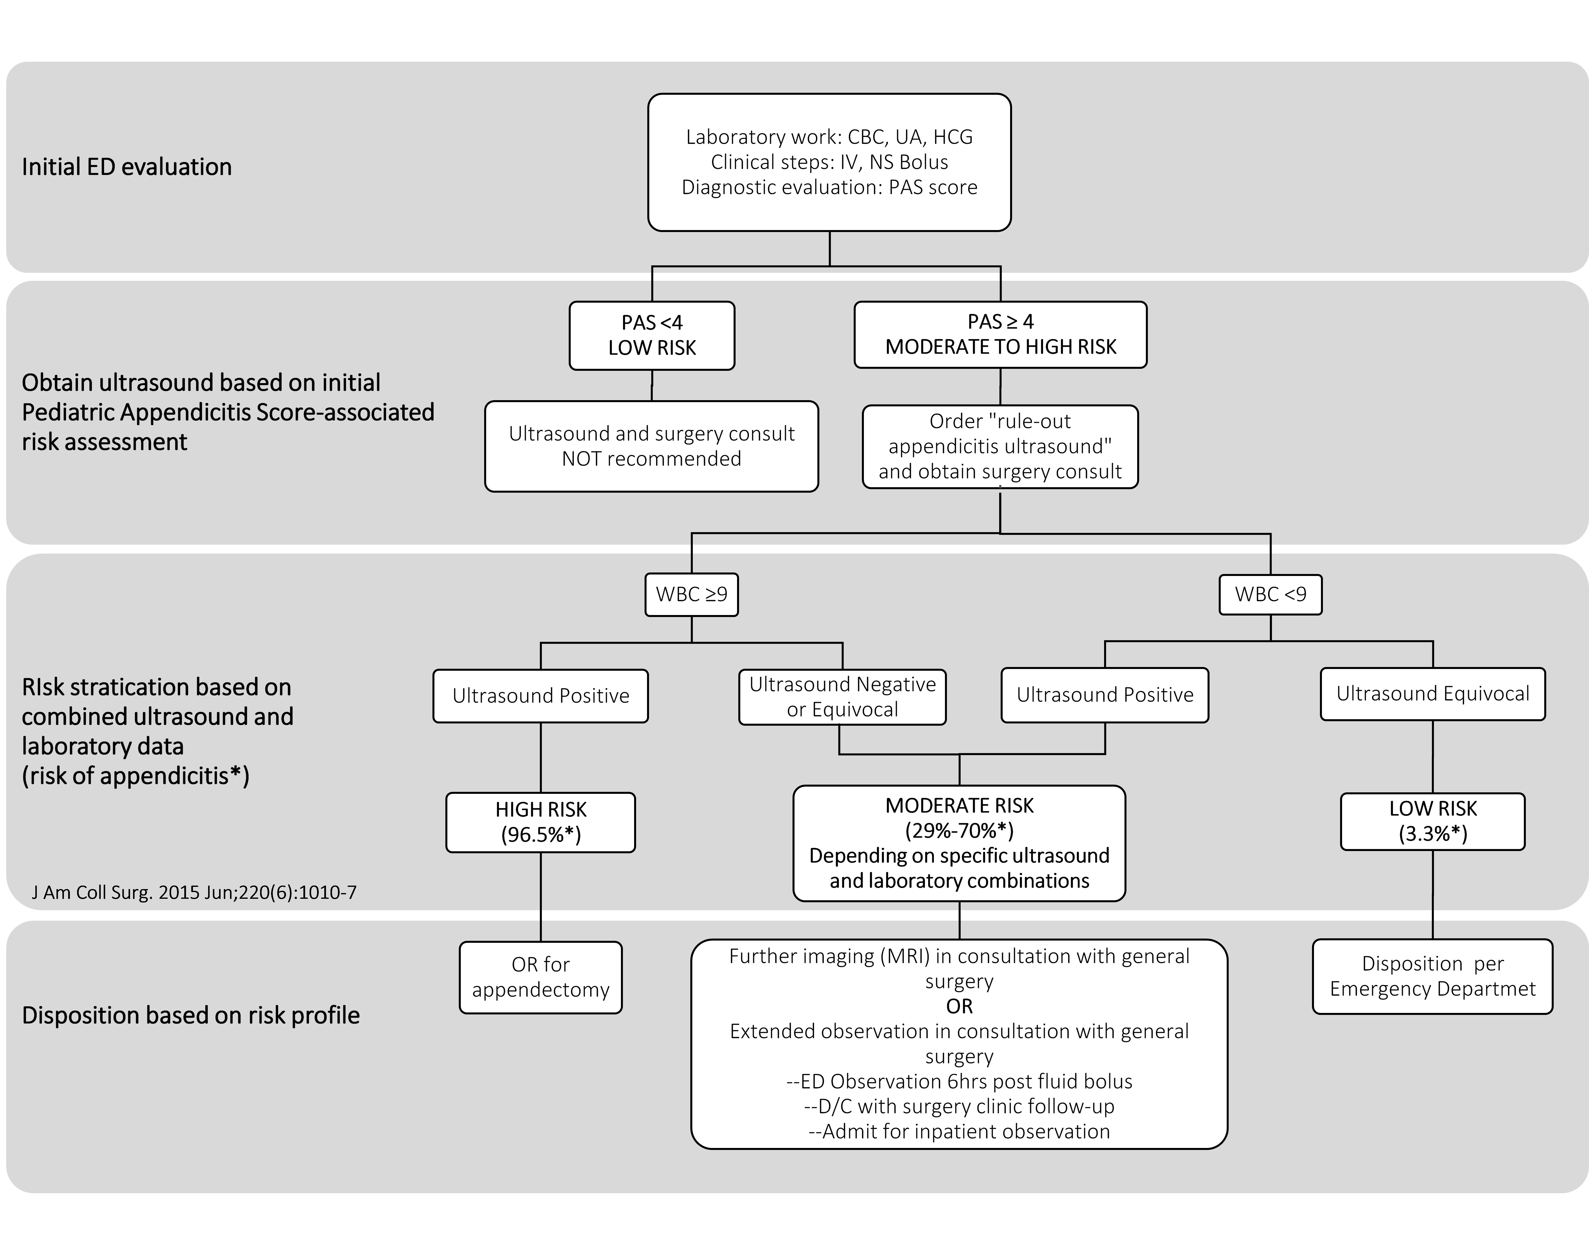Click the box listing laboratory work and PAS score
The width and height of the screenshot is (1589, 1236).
(x=829, y=162)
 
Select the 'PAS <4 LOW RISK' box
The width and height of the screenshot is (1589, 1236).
(x=652, y=335)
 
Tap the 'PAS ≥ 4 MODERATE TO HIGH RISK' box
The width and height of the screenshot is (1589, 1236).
(x=1000, y=335)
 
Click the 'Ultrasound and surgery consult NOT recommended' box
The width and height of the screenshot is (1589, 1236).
(x=652, y=446)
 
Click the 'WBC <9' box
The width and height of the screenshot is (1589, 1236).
(x=1270, y=594)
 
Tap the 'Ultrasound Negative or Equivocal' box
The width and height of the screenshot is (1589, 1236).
(x=842, y=697)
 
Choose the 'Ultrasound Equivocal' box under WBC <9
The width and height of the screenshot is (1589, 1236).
(x=1433, y=694)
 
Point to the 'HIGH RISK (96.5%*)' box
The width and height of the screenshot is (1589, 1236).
(x=541, y=822)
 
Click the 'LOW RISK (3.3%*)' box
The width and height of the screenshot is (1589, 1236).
(x=1433, y=821)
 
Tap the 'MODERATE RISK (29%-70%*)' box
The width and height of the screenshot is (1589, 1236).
(x=959, y=843)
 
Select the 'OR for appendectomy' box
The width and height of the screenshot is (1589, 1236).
(x=541, y=977)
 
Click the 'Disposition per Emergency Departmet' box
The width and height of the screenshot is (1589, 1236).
(x=1433, y=976)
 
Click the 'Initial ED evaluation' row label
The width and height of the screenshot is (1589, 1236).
(x=127, y=167)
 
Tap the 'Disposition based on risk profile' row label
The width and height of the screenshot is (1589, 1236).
(x=191, y=1015)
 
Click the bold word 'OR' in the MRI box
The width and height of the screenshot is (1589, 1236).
(x=959, y=1006)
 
